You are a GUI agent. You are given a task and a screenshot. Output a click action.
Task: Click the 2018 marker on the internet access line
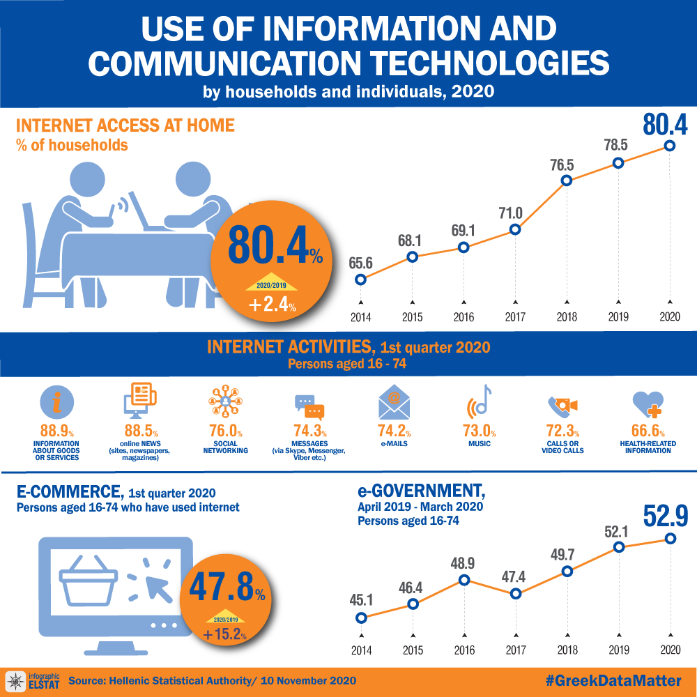[567, 181]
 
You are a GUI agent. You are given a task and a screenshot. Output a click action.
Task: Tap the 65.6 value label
[360, 263]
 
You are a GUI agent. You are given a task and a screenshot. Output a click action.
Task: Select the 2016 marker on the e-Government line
[464, 580]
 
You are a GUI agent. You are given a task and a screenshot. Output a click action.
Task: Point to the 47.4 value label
[515, 577]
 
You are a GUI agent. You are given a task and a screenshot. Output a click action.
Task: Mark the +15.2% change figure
[224, 635]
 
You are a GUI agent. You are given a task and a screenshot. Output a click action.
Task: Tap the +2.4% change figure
[273, 305]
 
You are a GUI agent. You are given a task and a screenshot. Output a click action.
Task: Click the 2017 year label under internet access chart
[515, 317]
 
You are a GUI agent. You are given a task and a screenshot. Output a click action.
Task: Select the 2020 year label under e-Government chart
[670, 650]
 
